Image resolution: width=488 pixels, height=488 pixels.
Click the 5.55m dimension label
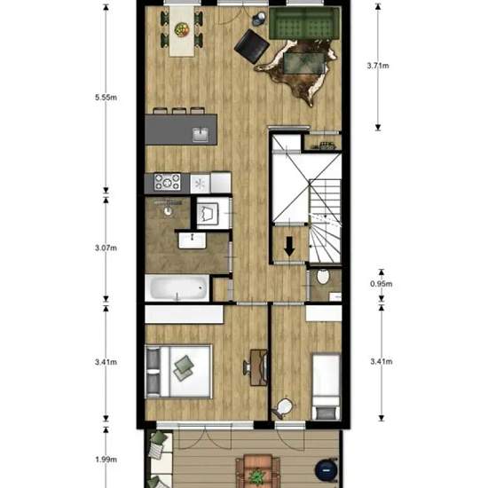tap(106, 98)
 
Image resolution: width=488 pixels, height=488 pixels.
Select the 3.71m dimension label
tap(378, 66)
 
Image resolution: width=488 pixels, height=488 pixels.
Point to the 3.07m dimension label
tap(106, 248)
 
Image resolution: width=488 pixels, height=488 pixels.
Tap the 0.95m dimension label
tap(382, 284)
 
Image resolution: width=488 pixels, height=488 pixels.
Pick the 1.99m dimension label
tap(106, 460)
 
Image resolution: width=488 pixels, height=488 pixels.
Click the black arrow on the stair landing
tap(290, 246)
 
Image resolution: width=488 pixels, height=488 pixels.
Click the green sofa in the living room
tap(304, 24)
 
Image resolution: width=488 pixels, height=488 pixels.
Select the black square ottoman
tap(252, 46)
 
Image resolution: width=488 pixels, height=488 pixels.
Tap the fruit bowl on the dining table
tap(182, 29)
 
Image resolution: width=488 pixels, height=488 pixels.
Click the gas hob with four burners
tap(168, 182)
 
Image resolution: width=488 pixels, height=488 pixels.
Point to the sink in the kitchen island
tap(201, 135)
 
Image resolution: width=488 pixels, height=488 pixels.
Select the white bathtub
tap(177, 287)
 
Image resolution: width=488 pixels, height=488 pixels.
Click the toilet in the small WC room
tap(323, 277)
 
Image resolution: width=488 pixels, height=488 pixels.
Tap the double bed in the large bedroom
tap(178, 371)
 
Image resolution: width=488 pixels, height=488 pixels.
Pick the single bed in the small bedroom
tap(326, 386)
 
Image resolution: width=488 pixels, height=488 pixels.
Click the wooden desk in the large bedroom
tap(259, 367)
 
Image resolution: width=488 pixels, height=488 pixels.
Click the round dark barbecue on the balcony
tap(326, 470)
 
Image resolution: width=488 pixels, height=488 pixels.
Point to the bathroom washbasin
tap(192, 240)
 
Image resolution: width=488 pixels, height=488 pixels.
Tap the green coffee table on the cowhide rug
tap(304, 64)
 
